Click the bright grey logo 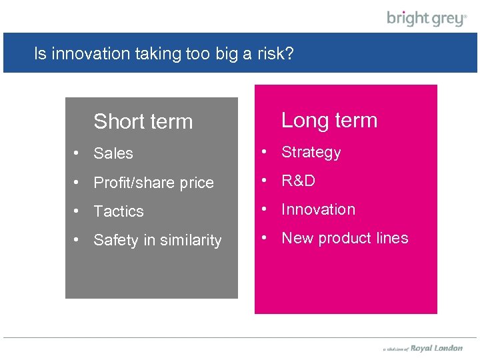coord(427,18)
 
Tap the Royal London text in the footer coord(436,348)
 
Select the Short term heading coord(143,121)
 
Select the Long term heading coord(329,120)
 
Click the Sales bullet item coord(113,153)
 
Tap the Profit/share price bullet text coord(153,183)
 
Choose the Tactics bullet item coord(119,211)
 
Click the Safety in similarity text coord(157,240)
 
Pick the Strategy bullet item coord(311,152)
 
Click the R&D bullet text coord(298,181)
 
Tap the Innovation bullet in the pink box coord(318,209)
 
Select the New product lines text coord(345,238)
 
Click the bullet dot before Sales coord(78,153)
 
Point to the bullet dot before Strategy coord(265,152)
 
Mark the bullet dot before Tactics coord(78,211)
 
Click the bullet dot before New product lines coord(265,238)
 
